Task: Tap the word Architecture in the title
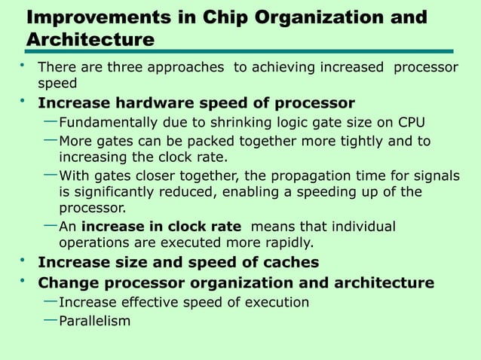tap(90, 39)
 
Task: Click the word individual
tap(364, 227)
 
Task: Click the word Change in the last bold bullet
tap(66, 283)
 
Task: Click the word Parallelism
tap(94, 321)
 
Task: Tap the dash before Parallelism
tap(50, 319)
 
